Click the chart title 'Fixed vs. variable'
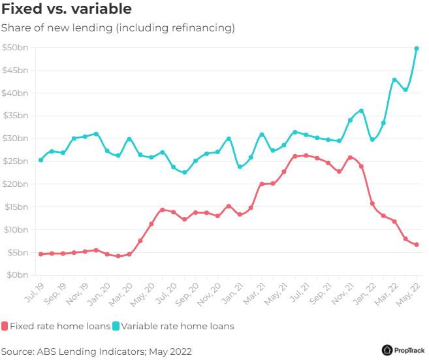tap(66, 10)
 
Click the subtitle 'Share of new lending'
tap(118, 28)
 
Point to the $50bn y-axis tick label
tap(14, 48)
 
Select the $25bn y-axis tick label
tap(14, 161)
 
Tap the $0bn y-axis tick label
tap(16, 275)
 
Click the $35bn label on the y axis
tap(14, 116)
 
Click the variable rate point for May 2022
tap(417, 48)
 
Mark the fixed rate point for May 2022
tap(417, 245)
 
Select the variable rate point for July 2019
tap(40, 160)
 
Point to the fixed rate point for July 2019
tap(40, 254)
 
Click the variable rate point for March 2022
tap(394, 80)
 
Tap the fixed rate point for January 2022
tap(372, 204)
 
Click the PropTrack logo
tap(404, 350)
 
